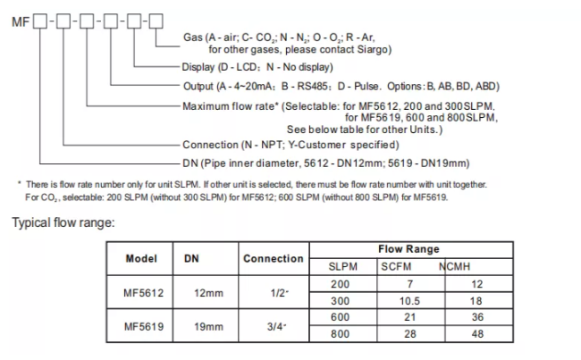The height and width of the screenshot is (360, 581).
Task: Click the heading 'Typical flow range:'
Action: coord(63,222)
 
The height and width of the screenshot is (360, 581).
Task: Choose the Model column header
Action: coord(142,257)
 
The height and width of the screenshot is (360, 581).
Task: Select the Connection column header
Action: coord(274,258)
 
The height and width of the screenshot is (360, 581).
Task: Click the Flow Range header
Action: coord(410,249)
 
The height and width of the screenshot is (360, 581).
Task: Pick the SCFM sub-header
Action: coord(397,266)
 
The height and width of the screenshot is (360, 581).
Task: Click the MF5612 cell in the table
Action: coord(142,292)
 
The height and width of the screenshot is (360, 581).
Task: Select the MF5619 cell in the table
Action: coord(142,326)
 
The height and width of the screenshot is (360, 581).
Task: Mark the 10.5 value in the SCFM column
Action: coord(409,301)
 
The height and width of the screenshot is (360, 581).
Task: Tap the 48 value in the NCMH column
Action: coord(476,334)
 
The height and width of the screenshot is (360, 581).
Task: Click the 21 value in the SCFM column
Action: coord(409,318)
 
